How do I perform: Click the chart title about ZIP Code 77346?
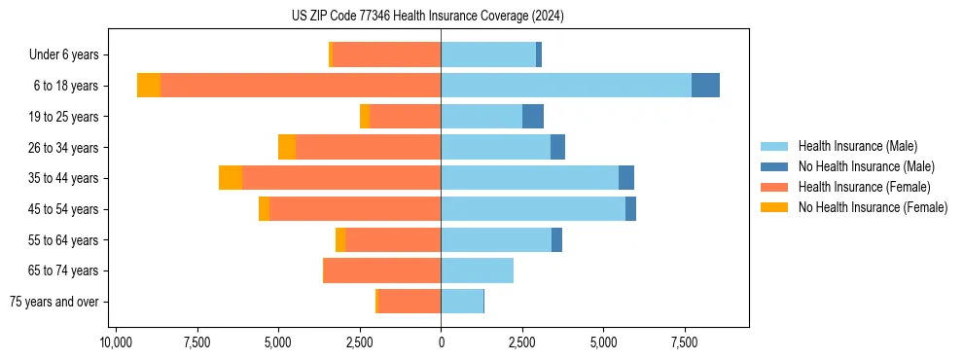click(441, 17)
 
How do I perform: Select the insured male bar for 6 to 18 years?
click(566, 86)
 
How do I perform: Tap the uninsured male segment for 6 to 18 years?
click(705, 86)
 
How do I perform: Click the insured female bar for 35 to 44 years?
click(341, 178)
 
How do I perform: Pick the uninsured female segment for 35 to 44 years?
click(231, 178)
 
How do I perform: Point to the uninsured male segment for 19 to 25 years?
click(533, 117)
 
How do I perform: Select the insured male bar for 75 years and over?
click(462, 302)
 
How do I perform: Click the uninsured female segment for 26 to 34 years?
click(287, 147)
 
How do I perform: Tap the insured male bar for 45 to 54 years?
click(533, 209)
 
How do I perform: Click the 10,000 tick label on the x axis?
click(116, 342)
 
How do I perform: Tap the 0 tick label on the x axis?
click(441, 342)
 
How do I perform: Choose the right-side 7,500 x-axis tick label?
click(685, 342)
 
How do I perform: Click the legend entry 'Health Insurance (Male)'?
click(857, 146)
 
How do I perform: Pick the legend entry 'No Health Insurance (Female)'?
click(873, 207)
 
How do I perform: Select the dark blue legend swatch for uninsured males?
click(774, 166)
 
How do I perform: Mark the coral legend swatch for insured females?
click(774, 187)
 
